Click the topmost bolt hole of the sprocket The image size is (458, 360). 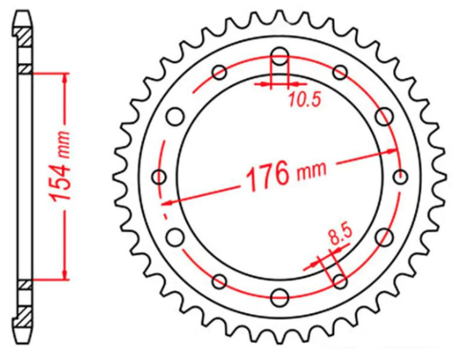pos(279,53)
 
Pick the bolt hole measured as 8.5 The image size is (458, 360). pos(340,280)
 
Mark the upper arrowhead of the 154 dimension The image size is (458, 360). pos(64,76)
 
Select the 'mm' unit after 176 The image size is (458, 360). pos(313,169)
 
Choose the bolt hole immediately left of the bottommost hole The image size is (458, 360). pos(219,280)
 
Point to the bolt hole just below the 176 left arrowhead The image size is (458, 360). pos(175,235)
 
